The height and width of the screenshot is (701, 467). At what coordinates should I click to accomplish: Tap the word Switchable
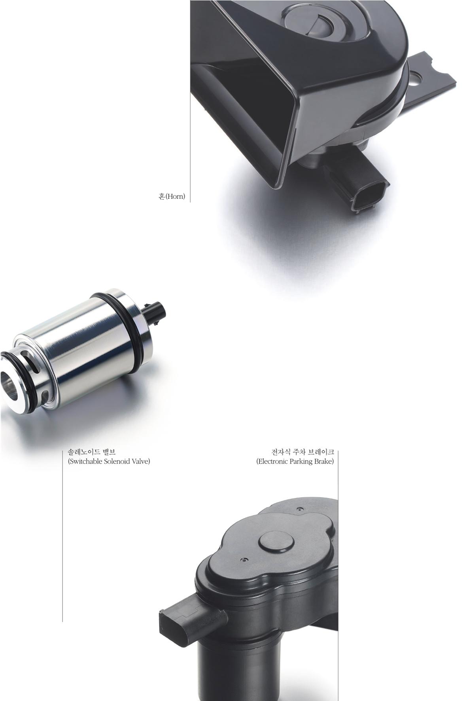click(x=85, y=462)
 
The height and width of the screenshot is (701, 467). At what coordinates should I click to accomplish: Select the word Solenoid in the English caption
click(x=118, y=462)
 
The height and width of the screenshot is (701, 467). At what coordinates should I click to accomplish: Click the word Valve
click(x=142, y=462)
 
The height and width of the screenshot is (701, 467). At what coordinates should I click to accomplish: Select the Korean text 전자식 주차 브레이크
click(x=303, y=452)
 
